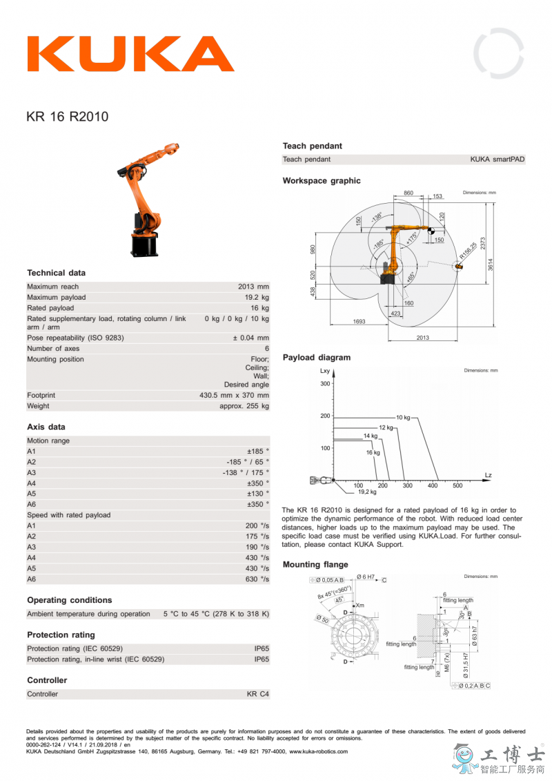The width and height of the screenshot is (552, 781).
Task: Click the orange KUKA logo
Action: (x=130, y=54)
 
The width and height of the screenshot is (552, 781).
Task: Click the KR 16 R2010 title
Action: (x=67, y=117)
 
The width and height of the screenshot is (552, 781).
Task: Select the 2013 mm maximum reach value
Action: (x=253, y=287)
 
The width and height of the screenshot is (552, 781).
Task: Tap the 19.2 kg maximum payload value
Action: (x=256, y=298)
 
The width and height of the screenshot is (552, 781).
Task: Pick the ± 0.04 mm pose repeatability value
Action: (x=250, y=338)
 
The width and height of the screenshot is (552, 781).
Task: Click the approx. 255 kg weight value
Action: (x=244, y=406)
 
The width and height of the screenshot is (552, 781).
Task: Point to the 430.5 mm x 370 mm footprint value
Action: (x=234, y=396)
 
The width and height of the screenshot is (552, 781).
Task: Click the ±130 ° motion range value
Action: (x=258, y=494)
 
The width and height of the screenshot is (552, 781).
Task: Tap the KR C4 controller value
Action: (x=258, y=694)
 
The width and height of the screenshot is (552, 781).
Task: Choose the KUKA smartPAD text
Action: (x=497, y=160)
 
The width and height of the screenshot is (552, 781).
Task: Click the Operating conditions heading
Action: (x=69, y=600)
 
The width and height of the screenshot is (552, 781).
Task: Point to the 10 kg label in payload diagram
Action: (x=403, y=418)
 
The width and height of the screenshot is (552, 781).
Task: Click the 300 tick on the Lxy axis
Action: (x=325, y=383)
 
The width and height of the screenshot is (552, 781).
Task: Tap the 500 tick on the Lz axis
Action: (x=457, y=485)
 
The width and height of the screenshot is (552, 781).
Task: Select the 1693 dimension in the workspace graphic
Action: (x=359, y=321)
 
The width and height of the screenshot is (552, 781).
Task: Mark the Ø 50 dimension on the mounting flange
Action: (x=322, y=619)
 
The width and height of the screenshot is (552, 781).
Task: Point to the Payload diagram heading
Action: (x=316, y=358)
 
